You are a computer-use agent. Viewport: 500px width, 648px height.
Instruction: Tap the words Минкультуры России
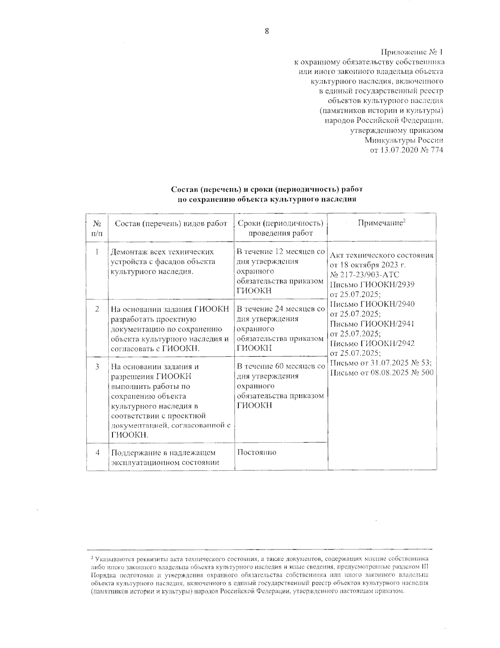pyautogui.click(x=404, y=140)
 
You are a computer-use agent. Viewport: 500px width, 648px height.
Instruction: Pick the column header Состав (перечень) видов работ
pyautogui.click(x=171, y=224)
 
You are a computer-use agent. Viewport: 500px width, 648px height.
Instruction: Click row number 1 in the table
pyautogui.click(x=97, y=252)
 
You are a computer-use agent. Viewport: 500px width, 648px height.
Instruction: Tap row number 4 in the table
pyautogui.click(x=97, y=453)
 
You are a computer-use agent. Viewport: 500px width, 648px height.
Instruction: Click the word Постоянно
pyautogui.click(x=256, y=453)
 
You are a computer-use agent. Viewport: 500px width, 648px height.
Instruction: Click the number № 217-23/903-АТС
pyautogui.click(x=365, y=275)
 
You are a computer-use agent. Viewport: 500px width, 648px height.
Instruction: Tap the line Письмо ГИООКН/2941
pyautogui.click(x=372, y=324)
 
